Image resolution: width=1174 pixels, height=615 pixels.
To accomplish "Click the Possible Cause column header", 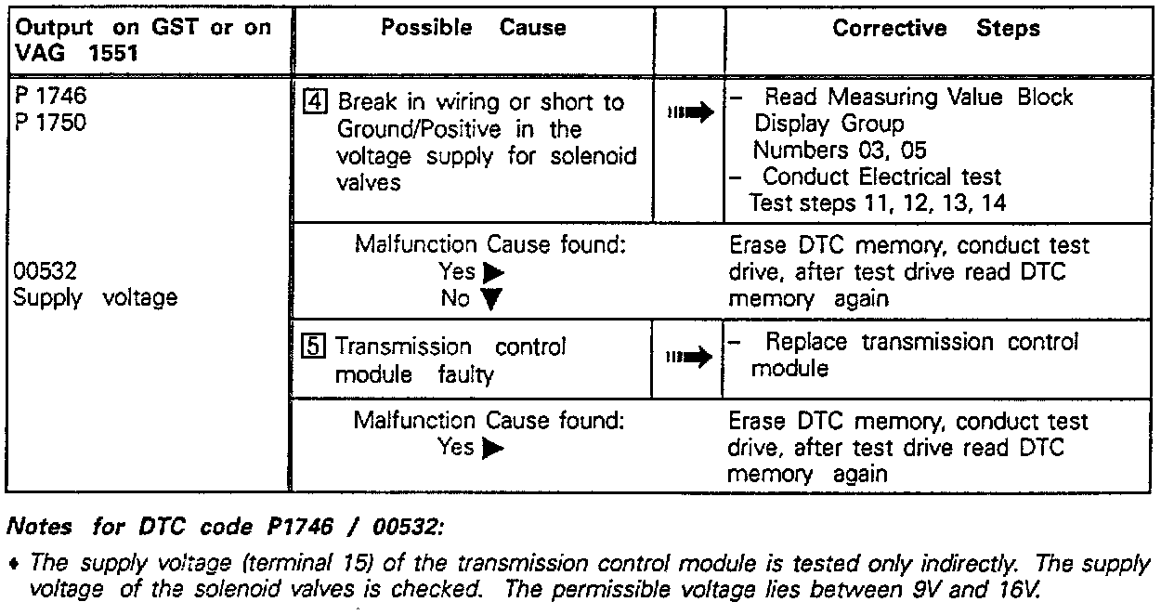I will [473, 28].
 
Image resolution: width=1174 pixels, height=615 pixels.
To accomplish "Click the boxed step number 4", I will [313, 101].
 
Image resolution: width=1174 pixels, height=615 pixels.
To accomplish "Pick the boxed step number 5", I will [315, 347].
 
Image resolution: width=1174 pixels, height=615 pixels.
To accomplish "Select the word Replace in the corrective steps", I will [805, 342].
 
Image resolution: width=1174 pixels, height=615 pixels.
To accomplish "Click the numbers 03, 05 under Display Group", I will [839, 150].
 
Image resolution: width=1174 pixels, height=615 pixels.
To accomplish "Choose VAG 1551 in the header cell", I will [74, 54].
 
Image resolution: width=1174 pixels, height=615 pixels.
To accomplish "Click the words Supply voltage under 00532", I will [96, 298].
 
